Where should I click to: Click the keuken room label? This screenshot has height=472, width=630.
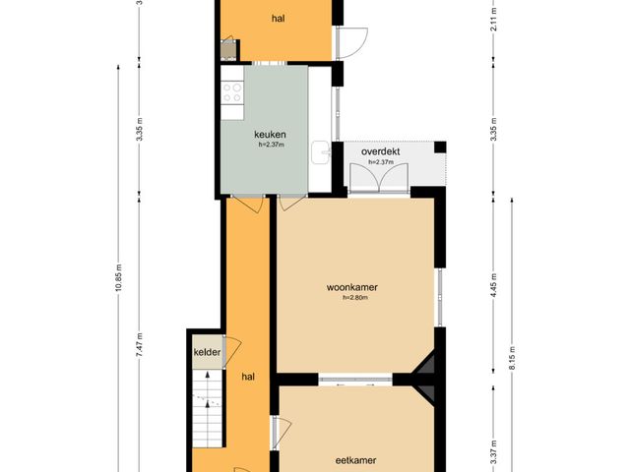(270, 135)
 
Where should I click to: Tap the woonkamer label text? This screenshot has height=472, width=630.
(352, 287)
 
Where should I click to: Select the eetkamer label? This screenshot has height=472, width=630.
(355, 460)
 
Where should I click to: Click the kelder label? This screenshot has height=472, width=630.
(208, 352)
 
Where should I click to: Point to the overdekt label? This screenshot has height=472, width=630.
(381, 152)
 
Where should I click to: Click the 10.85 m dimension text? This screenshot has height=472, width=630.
(118, 278)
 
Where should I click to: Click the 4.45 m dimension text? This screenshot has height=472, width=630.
(494, 285)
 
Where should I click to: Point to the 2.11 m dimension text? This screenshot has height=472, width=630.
(494, 19)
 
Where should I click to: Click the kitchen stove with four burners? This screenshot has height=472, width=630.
(232, 92)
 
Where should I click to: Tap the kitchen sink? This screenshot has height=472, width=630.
(321, 152)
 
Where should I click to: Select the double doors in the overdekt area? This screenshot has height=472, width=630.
(379, 177)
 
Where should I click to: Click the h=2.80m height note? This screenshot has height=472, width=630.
(355, 298)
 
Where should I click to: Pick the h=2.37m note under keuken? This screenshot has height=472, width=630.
(272, 145)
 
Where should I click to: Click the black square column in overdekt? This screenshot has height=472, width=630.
(440, 147)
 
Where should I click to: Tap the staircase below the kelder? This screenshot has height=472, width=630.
(208, 409)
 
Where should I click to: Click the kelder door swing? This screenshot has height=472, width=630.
(232, 351)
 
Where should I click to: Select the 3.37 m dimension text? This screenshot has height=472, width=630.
(494, 451)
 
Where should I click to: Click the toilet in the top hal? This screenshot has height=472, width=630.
(228, 49)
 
